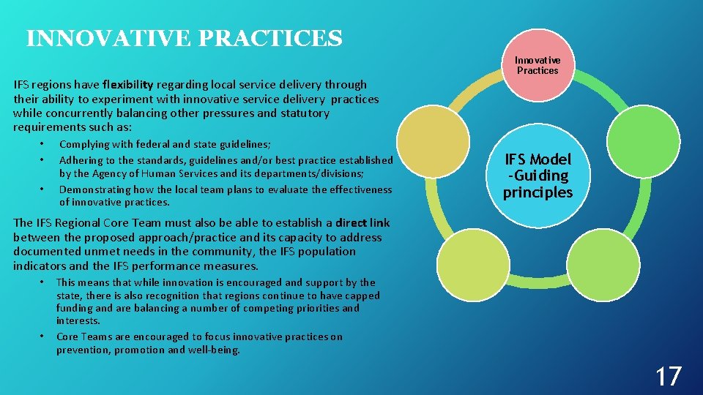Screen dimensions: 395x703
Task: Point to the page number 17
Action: pos(668,377)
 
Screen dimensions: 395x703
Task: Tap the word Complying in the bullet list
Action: pos(83,145)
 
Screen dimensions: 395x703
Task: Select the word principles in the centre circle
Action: pos(537,192)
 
